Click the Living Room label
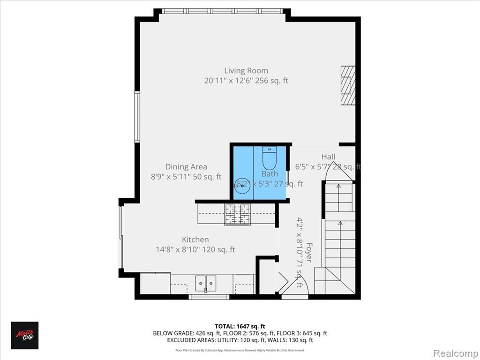click(246, 71)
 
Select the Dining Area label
click(186, 167)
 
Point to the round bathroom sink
click(242, 186)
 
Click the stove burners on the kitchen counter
click(238, 215)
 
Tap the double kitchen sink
click(206, 283)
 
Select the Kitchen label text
click(195, 240)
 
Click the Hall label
click(328, 157)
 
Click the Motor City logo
click(25, 335)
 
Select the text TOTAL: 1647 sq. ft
click(240, 326)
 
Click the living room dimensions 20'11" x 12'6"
click(246, 81)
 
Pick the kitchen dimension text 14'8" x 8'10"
click(195, 250)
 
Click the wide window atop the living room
click(222, 11)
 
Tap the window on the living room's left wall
click(137, 116)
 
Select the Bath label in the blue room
click(270, 174)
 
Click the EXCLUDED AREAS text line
click(240, 340)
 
